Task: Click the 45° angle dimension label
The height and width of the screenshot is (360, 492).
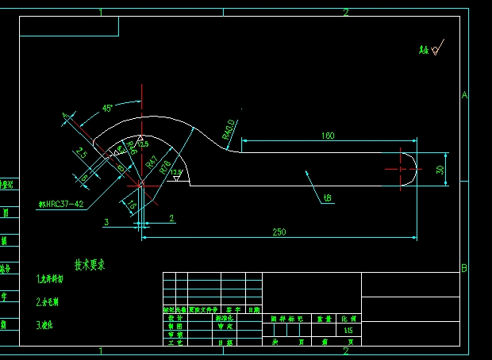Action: click(x=107, y=108)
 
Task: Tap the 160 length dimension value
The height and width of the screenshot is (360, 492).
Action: click(x=328, y=136)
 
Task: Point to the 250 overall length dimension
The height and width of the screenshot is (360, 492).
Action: click(x=279, y=232)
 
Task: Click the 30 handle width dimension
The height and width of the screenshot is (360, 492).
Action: click(x=440, y=170)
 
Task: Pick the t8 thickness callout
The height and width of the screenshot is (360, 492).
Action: click(x=327, y=197)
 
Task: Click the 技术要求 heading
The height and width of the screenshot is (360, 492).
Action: click(x=90, y=264)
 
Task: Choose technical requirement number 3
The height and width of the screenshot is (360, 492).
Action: click(x=45, y=324)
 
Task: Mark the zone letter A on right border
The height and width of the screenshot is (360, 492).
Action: click(x=464, y=95)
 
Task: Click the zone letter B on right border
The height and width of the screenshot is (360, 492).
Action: click(x=464, y=268)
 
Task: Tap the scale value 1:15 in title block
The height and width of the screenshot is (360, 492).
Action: click(x=348, y=329)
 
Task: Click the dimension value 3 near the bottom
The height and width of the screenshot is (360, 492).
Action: click(x=106, y=221)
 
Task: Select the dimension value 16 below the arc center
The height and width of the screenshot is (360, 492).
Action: click(x=132, y=207)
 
